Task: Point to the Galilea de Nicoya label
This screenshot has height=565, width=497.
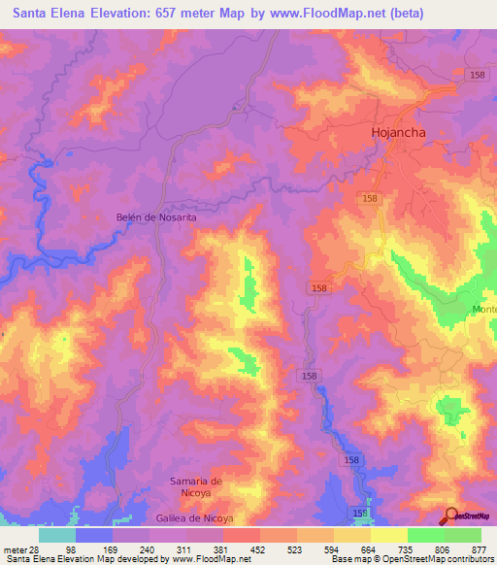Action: pos(194,518)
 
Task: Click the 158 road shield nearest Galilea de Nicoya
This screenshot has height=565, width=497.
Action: pos(360,512)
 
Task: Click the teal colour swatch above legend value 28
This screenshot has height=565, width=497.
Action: pos(57,534)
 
